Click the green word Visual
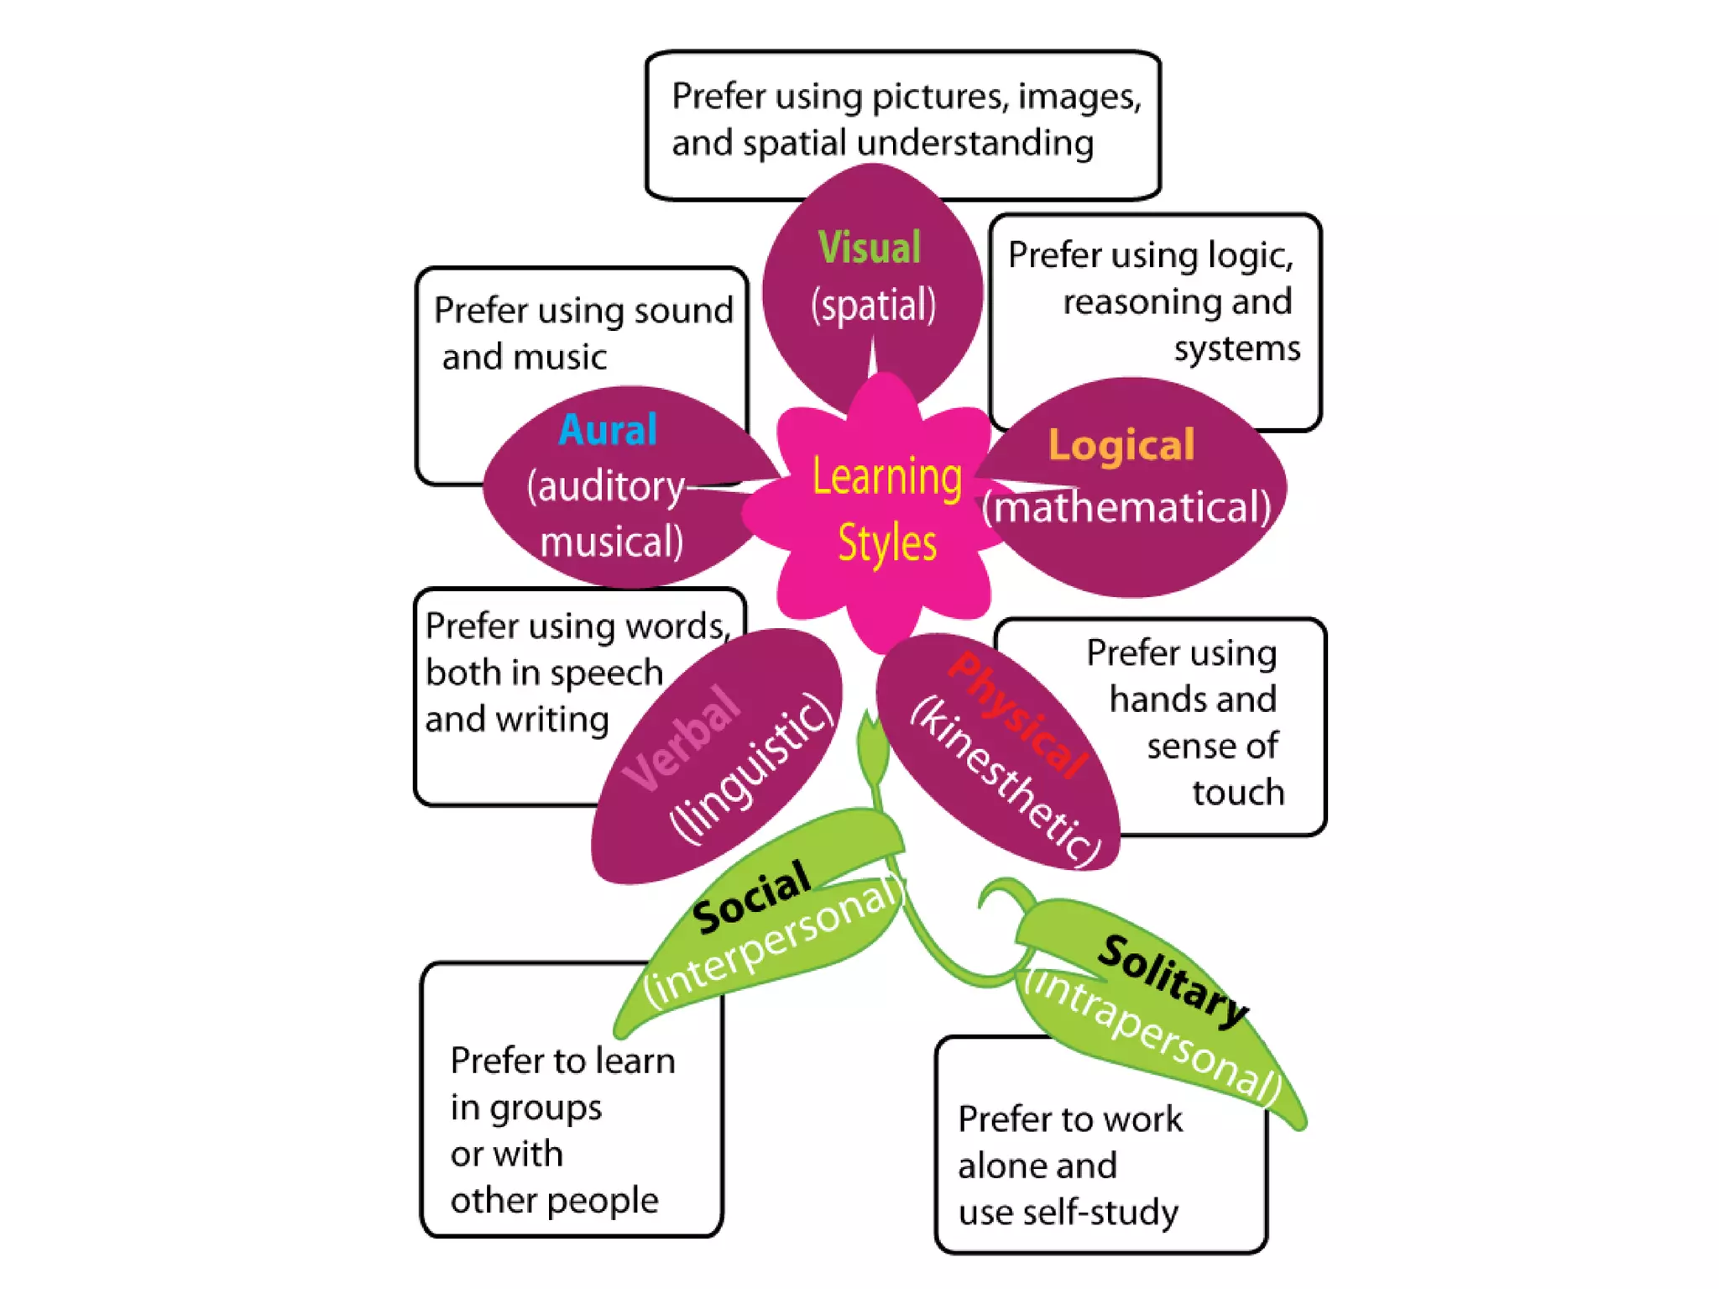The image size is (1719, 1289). [x=870, y=248]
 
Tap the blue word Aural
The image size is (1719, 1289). [x=608, y=430]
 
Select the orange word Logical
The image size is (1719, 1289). [x=1121, y=444]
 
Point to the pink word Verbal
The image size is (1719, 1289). [x=682, y=738]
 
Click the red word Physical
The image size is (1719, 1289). [x=1017, y=715]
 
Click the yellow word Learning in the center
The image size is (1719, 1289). [x=887, y=477]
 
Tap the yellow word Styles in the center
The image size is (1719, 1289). [x=887, y=542]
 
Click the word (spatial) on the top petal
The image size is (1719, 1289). [x=873, y=305]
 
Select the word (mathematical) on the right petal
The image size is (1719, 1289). [x=1126, y=507]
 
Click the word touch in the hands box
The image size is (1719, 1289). [x=1238, y=792]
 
